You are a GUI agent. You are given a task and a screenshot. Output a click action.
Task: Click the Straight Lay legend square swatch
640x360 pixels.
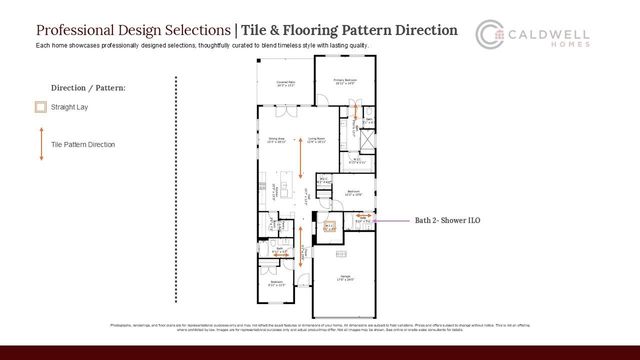(x=40, y=107)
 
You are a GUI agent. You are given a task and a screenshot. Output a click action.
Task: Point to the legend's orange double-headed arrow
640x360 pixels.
(x=40, y=144)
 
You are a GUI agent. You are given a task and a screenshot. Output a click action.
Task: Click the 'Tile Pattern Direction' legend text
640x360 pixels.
(x=83, y=145)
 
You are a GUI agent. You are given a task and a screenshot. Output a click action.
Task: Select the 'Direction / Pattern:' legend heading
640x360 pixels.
(x=88, y=88)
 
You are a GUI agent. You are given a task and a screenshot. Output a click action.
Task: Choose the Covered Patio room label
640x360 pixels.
(x=286, y=84)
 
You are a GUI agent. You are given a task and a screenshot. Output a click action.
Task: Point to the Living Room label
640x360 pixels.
(x=316, y=140)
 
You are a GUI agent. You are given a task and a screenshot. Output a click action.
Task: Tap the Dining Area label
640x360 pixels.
(x=277, y=140)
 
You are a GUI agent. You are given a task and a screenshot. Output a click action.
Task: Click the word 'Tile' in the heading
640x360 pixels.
(x=255, y=31)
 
